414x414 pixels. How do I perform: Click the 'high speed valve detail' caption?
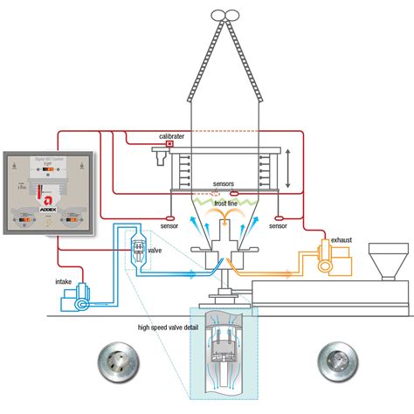[x=169, y=328]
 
